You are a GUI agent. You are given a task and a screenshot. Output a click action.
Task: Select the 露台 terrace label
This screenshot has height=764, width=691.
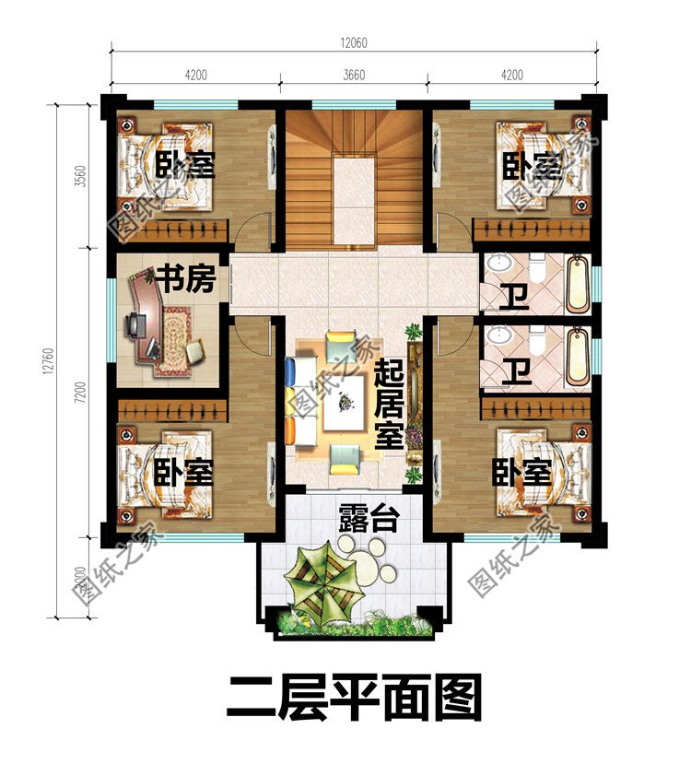point(368,519)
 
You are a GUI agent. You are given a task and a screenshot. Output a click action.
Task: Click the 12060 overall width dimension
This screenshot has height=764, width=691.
point(355,43)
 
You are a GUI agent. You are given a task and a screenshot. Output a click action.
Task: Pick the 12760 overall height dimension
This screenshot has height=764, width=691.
point(54,353)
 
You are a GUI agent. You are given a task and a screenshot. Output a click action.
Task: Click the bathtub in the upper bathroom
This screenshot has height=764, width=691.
point(577,282)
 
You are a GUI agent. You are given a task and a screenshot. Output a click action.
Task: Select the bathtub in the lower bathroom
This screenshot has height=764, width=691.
point(577,356)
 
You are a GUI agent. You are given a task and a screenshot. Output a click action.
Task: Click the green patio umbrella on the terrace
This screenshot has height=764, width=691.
point(318,577)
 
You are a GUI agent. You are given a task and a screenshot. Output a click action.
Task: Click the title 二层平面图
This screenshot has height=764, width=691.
point(355,698)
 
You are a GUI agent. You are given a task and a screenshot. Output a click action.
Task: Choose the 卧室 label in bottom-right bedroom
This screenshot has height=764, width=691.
point(521,474)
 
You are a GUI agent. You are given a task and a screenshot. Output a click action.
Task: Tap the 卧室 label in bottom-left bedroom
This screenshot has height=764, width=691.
point(183,474)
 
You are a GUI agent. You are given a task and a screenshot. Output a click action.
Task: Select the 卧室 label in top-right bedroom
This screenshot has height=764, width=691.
point(533,166)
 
